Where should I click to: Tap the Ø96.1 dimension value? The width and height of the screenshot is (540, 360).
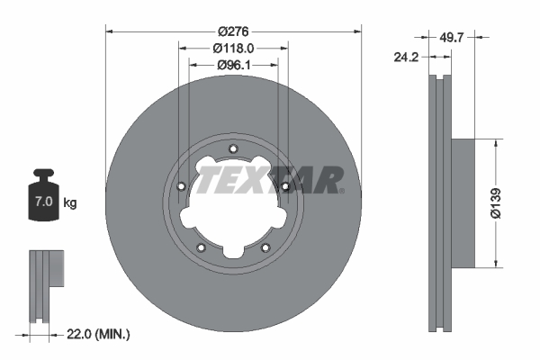[233, 66]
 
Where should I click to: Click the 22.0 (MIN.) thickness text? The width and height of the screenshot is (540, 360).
[99, 335]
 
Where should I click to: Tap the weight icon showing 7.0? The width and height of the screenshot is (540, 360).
[42, 193]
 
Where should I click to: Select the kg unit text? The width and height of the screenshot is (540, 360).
[70, 203]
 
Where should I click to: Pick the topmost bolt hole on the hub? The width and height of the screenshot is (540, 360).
[233, 149]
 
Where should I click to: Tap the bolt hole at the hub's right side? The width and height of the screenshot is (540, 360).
[285, 186]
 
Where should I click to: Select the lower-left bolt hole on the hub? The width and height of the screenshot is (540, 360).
[201, 248]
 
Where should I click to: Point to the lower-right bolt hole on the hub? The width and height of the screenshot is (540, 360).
[265, 248]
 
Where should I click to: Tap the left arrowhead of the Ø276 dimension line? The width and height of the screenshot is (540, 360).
[111, 30]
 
